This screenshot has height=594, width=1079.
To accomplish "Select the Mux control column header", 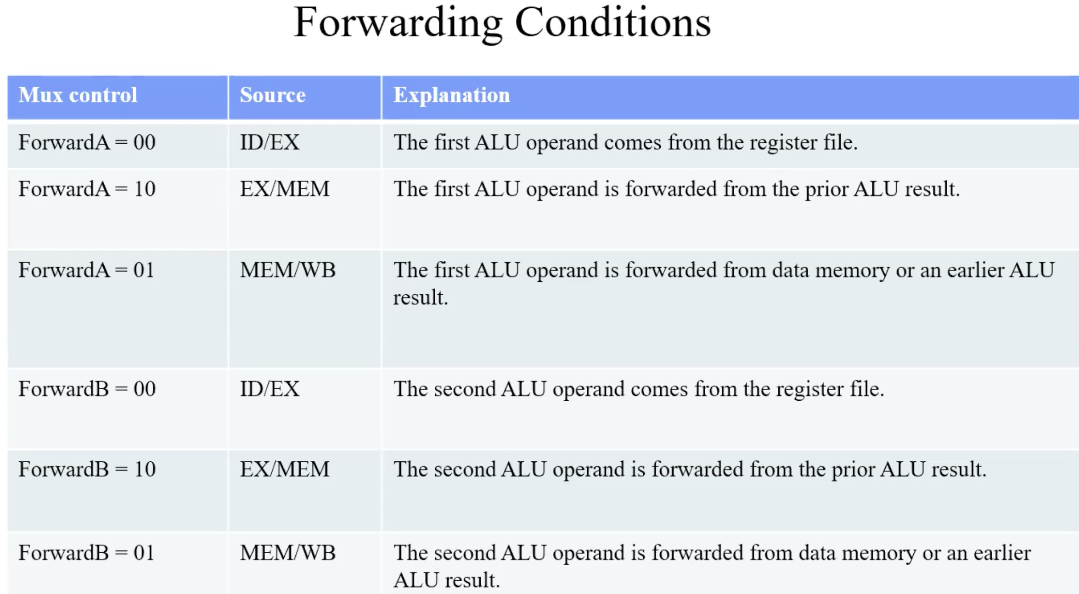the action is [x=78, y=95].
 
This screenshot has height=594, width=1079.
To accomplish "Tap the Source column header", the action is [x=272, y=95].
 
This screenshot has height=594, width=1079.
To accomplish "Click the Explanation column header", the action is [x=451, y=95].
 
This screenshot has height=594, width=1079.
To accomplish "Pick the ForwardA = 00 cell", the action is [x=87, y=142].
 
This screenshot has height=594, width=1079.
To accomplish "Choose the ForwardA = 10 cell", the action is [x=87, y=189].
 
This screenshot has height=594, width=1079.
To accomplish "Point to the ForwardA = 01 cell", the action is [x=86, y=270].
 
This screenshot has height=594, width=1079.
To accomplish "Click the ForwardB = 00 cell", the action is [x=87, y=389].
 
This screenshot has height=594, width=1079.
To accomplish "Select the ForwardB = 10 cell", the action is [x=87, y=469].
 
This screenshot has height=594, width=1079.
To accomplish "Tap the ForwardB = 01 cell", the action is [x=86, y=553].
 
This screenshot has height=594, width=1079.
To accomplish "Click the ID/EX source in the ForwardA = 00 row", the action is [x=270, y=142].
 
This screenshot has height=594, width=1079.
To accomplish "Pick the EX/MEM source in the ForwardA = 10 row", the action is [x=285, y=189].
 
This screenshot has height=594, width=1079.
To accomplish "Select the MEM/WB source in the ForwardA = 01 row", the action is [x=288, y=270].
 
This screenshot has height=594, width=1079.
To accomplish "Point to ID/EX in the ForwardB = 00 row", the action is [x=270, y=389].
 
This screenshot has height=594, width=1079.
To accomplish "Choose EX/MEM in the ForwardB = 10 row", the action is [x=285, y=469].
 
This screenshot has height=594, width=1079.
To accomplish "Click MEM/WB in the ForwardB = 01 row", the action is [x=288, y=553].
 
